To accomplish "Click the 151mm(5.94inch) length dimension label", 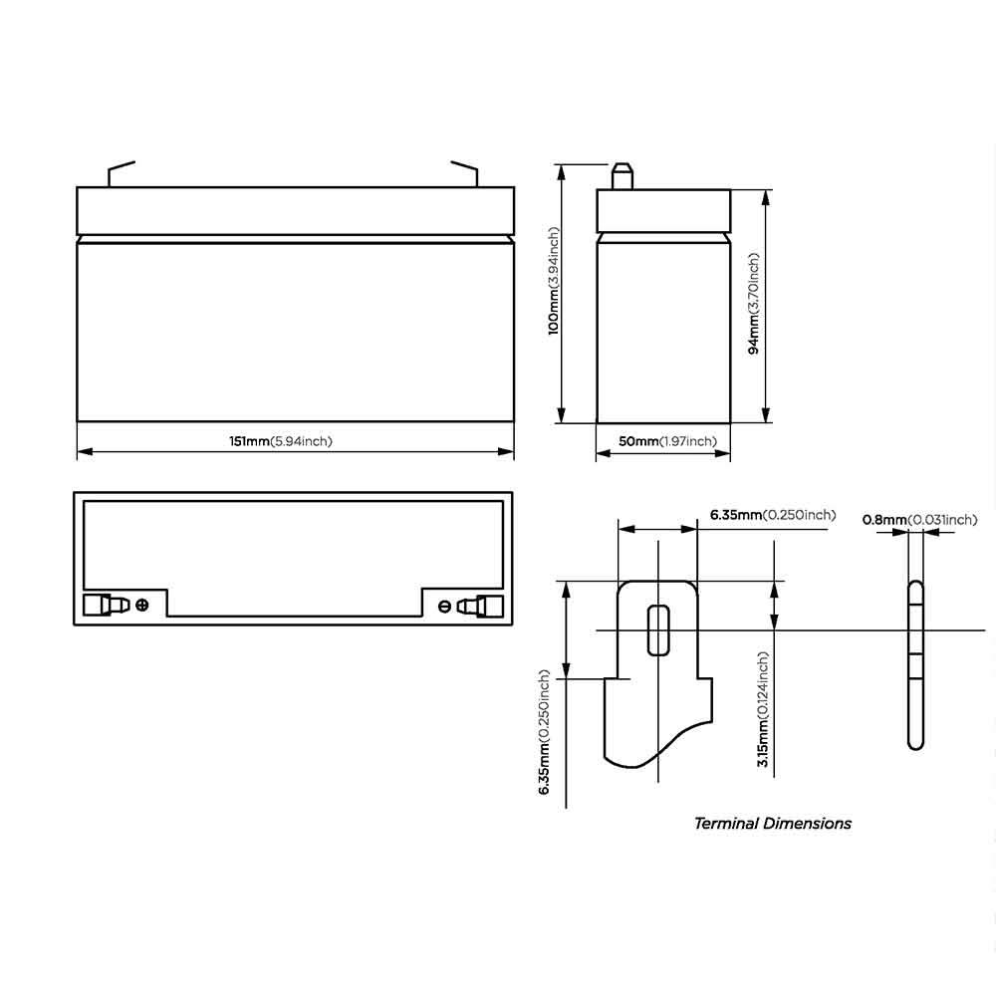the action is coord(281,441).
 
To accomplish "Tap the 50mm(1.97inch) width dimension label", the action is coord(667,441).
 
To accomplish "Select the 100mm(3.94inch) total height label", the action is coord(554,281).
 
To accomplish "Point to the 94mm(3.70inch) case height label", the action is coord(753,304).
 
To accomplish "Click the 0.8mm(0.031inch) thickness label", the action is coord(919,520).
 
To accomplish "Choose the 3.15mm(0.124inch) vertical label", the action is coord(763,709).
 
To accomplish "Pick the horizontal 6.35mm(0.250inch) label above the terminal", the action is coord(773,515).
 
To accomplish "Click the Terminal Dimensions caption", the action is coord(773,824).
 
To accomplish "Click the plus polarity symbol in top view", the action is coord(142,605).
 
